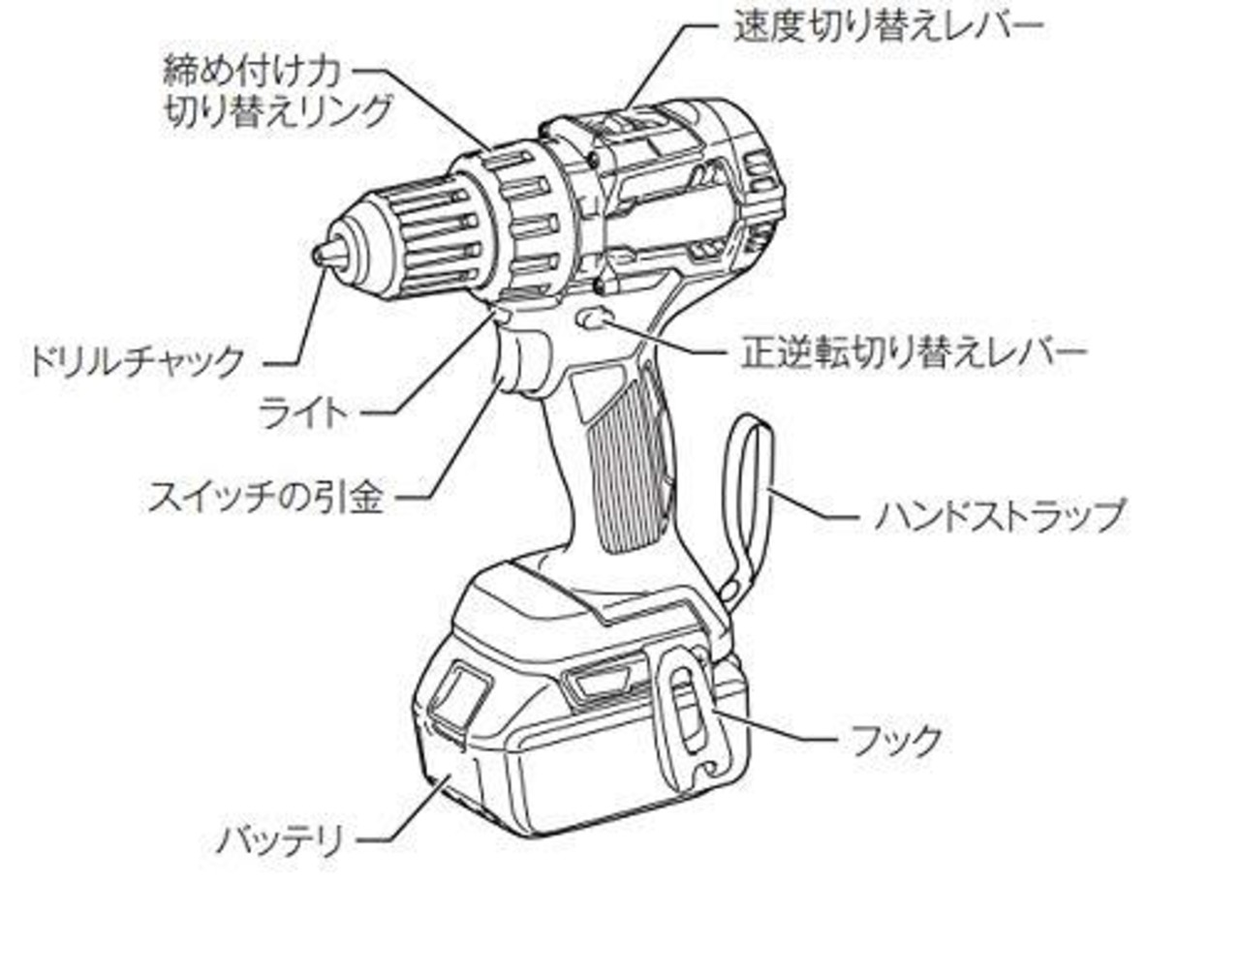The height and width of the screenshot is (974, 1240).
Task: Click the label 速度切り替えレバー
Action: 889,26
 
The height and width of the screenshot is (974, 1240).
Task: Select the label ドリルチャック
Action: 137,362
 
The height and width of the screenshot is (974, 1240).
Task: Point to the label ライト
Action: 302,412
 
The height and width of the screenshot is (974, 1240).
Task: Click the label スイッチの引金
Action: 266,498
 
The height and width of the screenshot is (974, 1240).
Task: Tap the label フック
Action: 896,741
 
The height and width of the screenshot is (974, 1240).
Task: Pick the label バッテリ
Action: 281,838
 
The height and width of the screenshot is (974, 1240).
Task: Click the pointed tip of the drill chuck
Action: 321,253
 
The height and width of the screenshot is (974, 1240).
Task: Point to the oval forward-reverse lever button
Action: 592,319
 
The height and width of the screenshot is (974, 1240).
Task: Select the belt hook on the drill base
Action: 689,716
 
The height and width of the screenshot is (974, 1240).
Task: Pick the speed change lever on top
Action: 620,124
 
